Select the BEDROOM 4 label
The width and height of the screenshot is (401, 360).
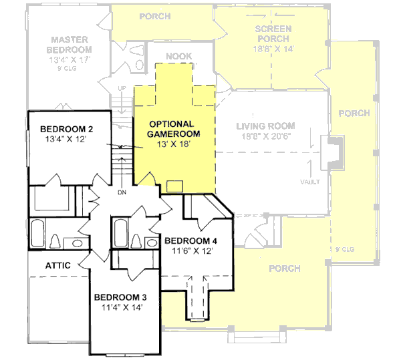[x=190, y=240]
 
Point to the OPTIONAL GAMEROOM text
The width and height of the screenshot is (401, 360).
[x=171, y=129]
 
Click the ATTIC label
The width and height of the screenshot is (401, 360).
[x=58, y=265]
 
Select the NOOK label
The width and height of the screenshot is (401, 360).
[x=179, y=57]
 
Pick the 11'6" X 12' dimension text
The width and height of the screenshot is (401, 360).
[x=190, y=252]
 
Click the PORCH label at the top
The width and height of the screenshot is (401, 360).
[x=154, y=15]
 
